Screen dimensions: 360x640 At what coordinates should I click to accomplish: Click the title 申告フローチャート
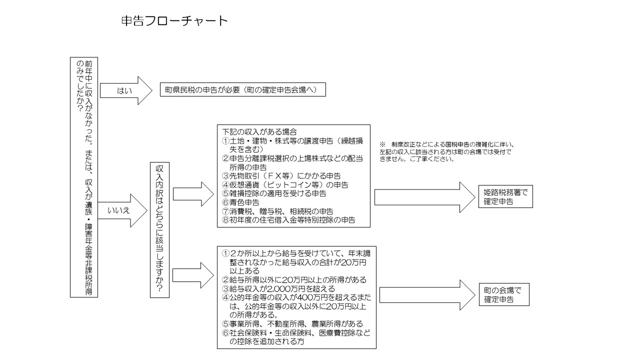[174, 21]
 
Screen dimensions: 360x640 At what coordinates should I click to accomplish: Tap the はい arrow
[125, 90]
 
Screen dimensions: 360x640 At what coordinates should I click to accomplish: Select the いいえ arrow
[122, 210]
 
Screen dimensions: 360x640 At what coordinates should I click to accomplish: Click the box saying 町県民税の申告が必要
[242, 90]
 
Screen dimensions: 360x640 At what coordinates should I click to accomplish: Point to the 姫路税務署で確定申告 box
[505, 197]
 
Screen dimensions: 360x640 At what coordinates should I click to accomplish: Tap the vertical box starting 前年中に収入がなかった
[83, 177]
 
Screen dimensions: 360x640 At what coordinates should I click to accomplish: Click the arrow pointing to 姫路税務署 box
[424, 197]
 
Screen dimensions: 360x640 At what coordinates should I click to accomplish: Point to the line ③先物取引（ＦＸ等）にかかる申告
[281, 176]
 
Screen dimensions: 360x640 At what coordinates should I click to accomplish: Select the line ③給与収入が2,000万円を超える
[278, 288]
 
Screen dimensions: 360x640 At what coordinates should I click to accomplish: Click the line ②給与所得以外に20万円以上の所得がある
[294, 279]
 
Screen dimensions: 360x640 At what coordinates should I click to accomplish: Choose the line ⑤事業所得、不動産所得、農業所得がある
[292, 324]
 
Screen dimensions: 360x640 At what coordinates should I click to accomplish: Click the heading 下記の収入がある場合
[259, 132]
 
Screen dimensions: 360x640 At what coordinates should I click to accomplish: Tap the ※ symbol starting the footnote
[382, 144]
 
